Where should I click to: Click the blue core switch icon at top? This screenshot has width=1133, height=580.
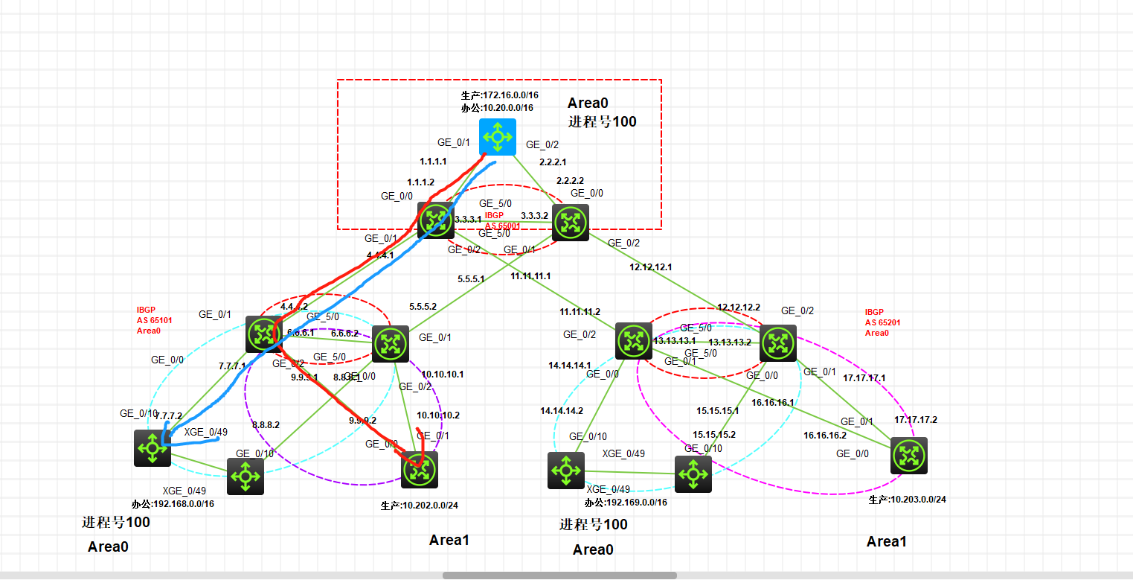point(497,137)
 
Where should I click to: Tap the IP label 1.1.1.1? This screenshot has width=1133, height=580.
point(433,161)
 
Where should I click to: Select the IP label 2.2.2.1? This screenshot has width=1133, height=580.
point(551,162)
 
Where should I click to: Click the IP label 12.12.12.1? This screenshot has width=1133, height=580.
point(651,267)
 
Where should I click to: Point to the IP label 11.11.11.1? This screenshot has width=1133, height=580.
point(530,276)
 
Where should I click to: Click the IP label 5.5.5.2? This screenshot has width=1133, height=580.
point(423,306)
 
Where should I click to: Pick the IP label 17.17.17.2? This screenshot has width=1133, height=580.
point(916,420)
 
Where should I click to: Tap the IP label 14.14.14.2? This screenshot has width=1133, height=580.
point(562,411)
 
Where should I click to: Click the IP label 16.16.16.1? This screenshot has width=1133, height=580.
point(773,403)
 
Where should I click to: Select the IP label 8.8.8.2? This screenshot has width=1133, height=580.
point(266,425)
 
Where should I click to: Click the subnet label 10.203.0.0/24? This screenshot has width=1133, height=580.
point(907,500)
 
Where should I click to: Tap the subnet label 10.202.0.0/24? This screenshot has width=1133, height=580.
point(419,506)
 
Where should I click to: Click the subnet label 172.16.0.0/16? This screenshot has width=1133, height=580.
point(499,96)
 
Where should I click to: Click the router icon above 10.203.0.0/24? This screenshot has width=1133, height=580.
point(908,456)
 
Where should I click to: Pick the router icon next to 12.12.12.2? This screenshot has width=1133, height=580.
point(778,343)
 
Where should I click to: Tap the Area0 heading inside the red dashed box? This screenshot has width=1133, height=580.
point(588,103)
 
